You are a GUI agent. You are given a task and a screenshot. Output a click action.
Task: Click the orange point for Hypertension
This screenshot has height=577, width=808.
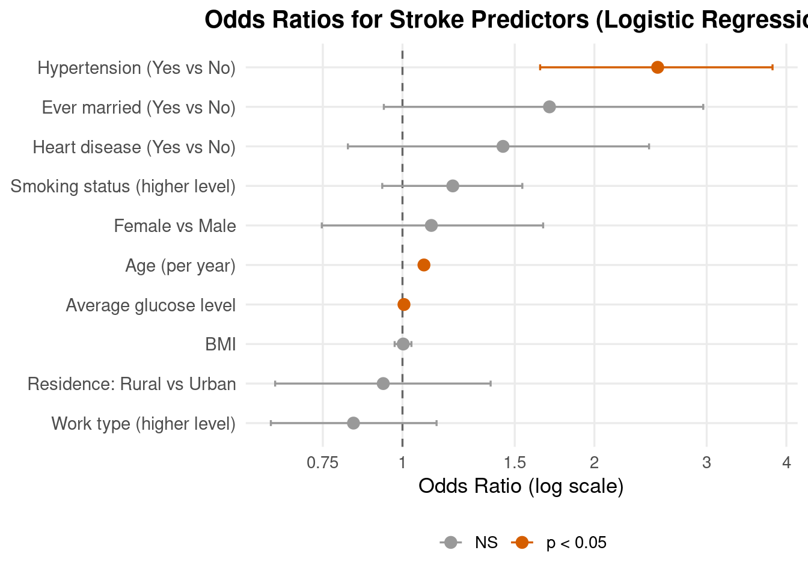(x=657, y=67)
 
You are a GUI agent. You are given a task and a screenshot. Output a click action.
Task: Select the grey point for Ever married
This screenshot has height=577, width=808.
(x=549, y=107)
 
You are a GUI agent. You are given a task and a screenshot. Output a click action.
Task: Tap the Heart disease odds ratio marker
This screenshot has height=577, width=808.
(x=503, y=147)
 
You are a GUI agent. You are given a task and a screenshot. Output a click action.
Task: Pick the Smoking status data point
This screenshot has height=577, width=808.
(x=453, y=186)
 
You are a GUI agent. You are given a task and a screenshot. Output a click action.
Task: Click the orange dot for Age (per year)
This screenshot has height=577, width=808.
(x=424, y=265)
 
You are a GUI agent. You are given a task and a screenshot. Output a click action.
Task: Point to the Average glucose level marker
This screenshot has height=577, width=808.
(x=404, y=305)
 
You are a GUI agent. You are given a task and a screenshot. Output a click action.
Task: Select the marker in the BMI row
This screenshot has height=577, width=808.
(x=403, y=344)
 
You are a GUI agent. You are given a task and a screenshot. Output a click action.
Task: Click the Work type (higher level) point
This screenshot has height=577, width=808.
(x=353, y=423)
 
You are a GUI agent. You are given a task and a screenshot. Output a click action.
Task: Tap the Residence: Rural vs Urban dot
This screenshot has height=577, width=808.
(x=383, y=383)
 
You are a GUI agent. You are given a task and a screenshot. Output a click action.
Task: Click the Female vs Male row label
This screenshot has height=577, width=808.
(x=174, y=226)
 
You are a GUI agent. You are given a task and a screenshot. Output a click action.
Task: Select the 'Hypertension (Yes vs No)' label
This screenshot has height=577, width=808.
(x=136, y=68)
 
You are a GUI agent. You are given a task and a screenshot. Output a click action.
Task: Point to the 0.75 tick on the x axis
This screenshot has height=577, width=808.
(x=323, y=462)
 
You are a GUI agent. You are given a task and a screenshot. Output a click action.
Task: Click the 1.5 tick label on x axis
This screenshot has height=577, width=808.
(x=515, y=462)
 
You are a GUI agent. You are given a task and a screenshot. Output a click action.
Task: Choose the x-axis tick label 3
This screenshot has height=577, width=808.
(x=706, y=462)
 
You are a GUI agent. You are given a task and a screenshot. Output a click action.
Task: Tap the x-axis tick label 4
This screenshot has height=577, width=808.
(x=786, y=462)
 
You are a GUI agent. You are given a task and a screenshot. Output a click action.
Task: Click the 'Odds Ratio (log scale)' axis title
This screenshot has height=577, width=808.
(x=521, y=486)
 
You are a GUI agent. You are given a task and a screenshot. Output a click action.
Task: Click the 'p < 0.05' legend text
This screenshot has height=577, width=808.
(x=576, y=543)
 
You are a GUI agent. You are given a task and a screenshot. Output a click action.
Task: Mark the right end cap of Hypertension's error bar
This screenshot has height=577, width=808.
(x=773, y=67)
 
